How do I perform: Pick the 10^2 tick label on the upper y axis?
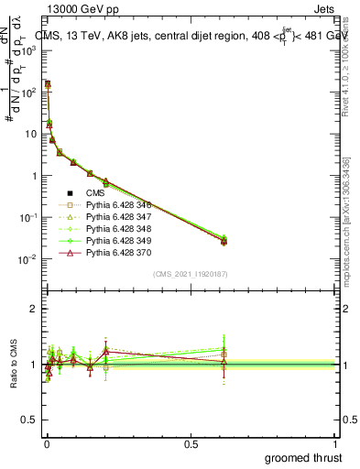point(27,93)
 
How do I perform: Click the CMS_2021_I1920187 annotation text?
point(189,274)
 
